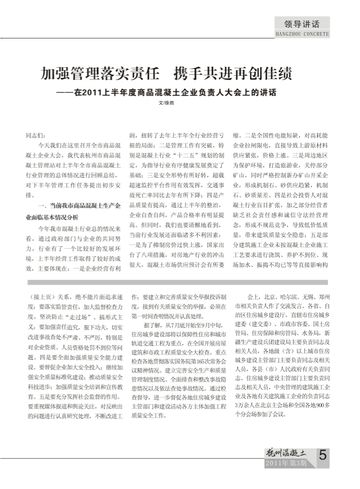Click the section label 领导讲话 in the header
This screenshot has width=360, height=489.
click(302, 25)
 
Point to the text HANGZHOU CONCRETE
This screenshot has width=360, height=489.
click(302, 34)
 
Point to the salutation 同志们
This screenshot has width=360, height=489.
click(36, 136)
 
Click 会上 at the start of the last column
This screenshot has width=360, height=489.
click(253, 296)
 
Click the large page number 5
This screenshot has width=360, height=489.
click(323, 455)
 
